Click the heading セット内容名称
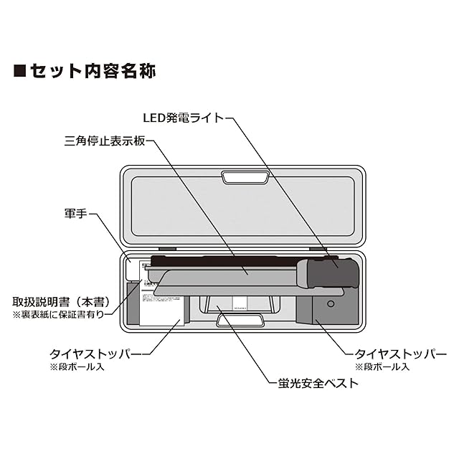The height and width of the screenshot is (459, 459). (x=93, y=71)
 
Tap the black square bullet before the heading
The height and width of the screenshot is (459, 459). (x=20, y=71)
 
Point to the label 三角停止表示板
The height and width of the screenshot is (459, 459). (x=105, y=141)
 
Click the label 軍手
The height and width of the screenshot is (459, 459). (x=76, y=214)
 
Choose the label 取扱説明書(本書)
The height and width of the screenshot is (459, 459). (x=61, y=302)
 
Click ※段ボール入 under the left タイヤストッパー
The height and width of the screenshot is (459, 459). (x=76, y=367)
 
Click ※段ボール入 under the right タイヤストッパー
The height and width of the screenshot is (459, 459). (x=382, y=367)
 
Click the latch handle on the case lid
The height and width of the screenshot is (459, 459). (x=240, y=176)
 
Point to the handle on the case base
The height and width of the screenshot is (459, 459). (x=240, y=321)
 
